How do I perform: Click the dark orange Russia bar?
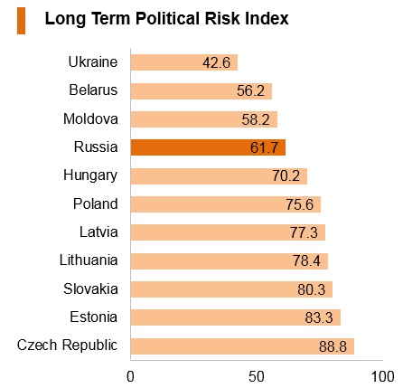[x=208, y=147]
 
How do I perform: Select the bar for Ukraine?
[x=184, y=62]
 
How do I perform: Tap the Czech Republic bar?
[x=242, y=346]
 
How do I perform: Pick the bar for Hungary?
[x=219, y=176]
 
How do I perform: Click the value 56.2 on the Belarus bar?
[x=250, y=90]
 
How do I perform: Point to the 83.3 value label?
[x=319, y=317]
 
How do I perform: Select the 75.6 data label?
[x=300, y=204]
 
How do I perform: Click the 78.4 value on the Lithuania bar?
[x=306, y=261]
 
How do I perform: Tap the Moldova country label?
[x=90, y=118]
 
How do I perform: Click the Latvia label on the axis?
[x=98, y=232]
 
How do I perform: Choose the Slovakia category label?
[x=90, y=289]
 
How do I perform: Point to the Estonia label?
[x=94, y=317]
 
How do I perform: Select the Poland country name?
[x=96, y=203]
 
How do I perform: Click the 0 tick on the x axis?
[x=130, y=377]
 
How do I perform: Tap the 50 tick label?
[x=257, y=377]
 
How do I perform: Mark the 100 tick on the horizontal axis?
[x=382, y=377]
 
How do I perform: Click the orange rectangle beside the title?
[x=21, y=21]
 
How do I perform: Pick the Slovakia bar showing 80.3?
[x=231, y=289]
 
